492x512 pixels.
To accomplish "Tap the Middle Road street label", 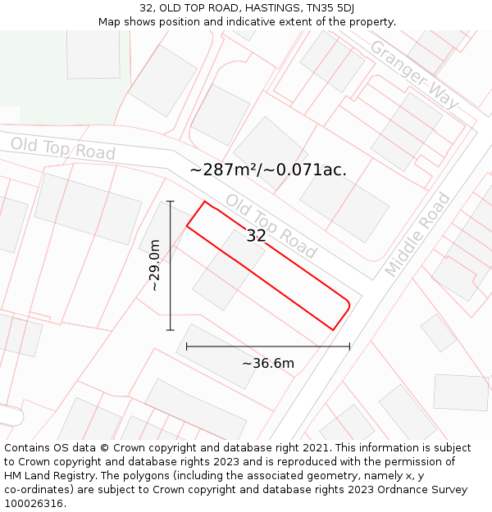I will pos(418,233).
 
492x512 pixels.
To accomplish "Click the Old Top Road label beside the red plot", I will pos(271,224).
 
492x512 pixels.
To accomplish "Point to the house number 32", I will pos(256,236).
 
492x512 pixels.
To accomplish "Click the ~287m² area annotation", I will pos(268,170).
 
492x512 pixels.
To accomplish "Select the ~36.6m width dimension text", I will pos(267,363).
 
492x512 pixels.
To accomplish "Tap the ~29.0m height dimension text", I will pos(154,265).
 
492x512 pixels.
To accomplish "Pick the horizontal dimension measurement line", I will pos(268,347).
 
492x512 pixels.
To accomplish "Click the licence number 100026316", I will pos(34,504).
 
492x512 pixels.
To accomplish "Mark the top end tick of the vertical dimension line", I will pos(171,201).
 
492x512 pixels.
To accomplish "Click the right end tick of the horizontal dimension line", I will pos(349,347).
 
